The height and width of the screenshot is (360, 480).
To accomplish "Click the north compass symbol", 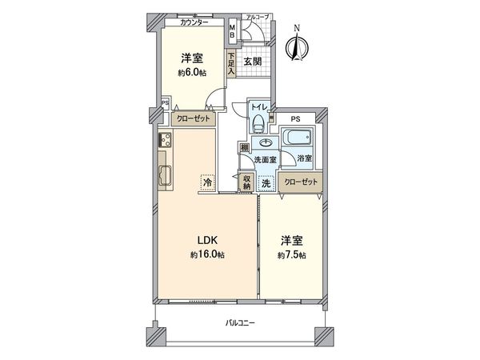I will [x=297, y=46].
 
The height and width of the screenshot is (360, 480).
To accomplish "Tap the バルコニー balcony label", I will [x=239, y=322].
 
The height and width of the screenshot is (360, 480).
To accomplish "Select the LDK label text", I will [x=207, y=240].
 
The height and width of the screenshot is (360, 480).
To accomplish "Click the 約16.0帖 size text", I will [x=207, y=255].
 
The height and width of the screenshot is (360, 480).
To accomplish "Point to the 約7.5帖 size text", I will [x=292, y=255].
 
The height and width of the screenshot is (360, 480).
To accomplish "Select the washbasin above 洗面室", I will [x=265, y=143].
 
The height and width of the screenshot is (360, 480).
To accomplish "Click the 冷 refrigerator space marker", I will [x=207, y=182].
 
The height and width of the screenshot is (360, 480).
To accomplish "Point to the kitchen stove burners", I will [x=165, y=142].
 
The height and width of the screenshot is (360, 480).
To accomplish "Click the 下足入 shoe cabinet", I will [x=231, y=65].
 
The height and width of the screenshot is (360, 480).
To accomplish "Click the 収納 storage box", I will [x=247, y=182].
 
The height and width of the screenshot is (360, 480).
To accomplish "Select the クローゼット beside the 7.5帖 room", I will [x=301, y=182].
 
